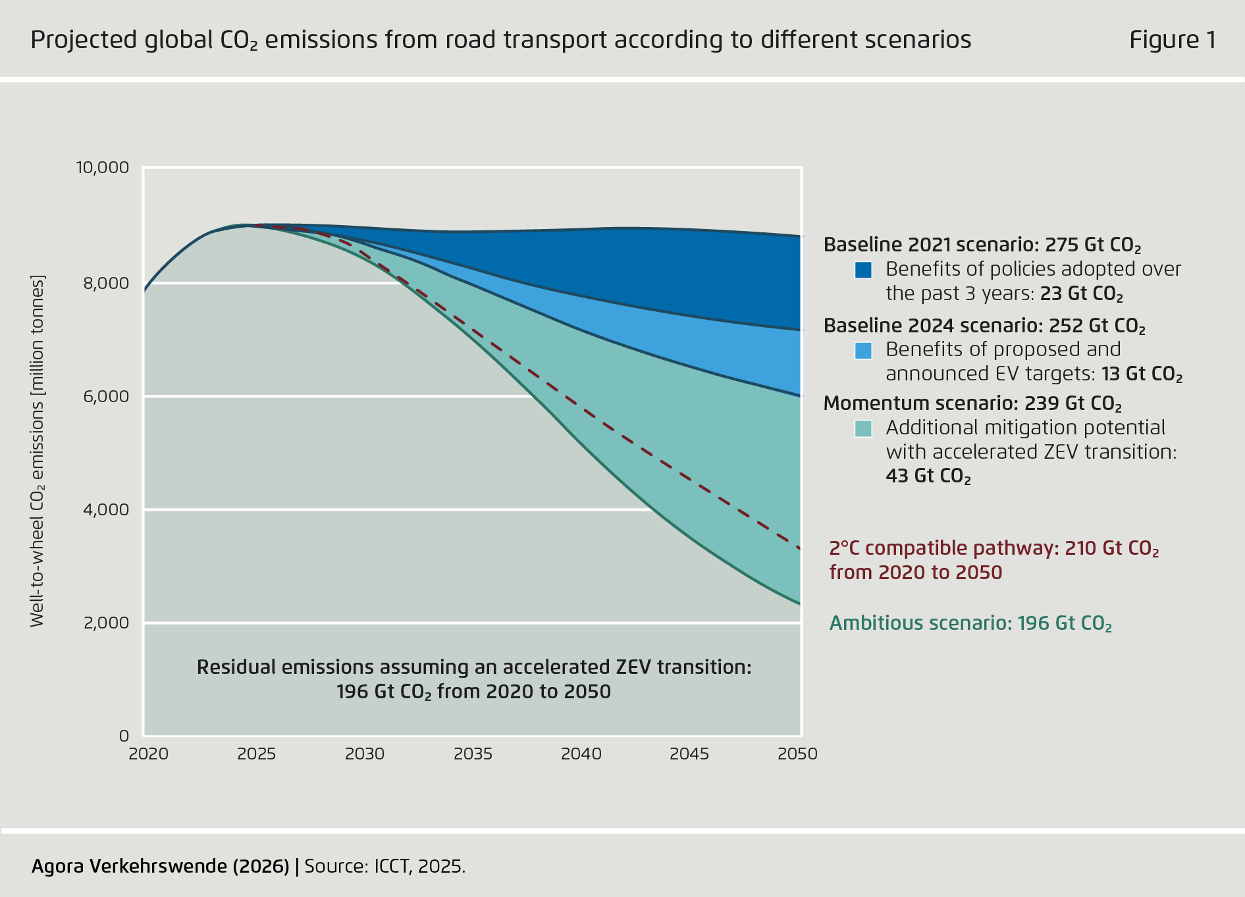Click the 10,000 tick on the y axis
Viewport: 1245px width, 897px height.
pyautogui.click(x=103, y=167)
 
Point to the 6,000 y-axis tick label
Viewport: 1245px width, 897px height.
pyautogui.click(x=107, y=396)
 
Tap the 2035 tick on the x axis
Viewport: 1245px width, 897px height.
pyautogui.click(x=473, y=754)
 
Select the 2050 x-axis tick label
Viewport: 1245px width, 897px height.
pyautogui.click(x=797, y=754)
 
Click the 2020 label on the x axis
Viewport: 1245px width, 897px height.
pyautogui.click(x=149, y=754)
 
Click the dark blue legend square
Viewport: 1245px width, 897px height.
pyautogui.click(x=862, y=270)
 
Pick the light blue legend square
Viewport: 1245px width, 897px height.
pyautogui.click(x=862, y=350)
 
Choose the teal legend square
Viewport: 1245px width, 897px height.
pyautogui.click(x=862, y=428)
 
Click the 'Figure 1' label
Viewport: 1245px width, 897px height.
pyautogui.click(x=1172, y=40)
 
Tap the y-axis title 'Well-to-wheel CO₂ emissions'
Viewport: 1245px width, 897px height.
pyautogui.click(x=38, y=451)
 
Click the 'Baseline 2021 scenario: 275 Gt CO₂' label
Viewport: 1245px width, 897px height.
pyautogui.click(x=982, y=245)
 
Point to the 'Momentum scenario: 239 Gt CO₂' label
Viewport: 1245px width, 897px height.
pyautogui.click(x=972, y=403)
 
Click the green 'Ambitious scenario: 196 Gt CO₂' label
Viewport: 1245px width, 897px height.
pyautogui.click(x=970, y=623)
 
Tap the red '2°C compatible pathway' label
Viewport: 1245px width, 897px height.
pyautogui.click(x=993, y=548)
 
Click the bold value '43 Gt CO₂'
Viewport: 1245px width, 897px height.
pyautogui.click(x=928, y=476)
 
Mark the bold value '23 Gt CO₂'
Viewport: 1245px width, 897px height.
pyautogui.click(x=1081, y=294)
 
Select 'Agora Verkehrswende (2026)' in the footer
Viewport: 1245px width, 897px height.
pyautogui.click(x=160, y=866)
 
